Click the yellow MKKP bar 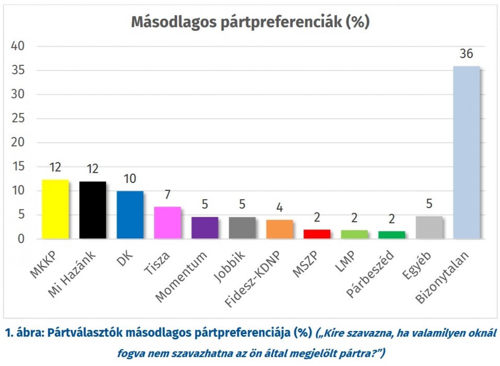coord(55,209)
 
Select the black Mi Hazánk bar coord(92,210)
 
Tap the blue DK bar coord(130,215)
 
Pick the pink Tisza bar coord(167,222)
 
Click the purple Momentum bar coord(205,227)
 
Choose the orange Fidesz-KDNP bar coord(279,229)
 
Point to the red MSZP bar coord(317,234)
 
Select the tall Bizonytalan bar coord(466,152)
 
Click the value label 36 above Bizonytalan coord(466,54)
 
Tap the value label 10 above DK coord(130,179)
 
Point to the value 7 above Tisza coord(167,194)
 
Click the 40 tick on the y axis coord(17,46)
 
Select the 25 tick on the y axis coord(17,118)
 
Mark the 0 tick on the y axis coord(21,239)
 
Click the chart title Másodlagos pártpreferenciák coord(250,22)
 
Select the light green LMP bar coord(354,234)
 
